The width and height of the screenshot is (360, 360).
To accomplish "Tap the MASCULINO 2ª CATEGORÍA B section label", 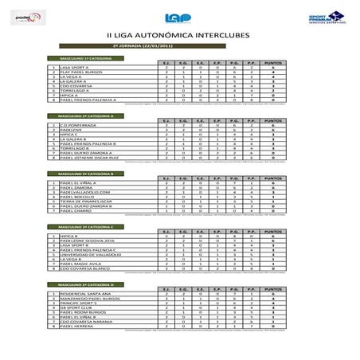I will pyautogui.click(x=80, y=172).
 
